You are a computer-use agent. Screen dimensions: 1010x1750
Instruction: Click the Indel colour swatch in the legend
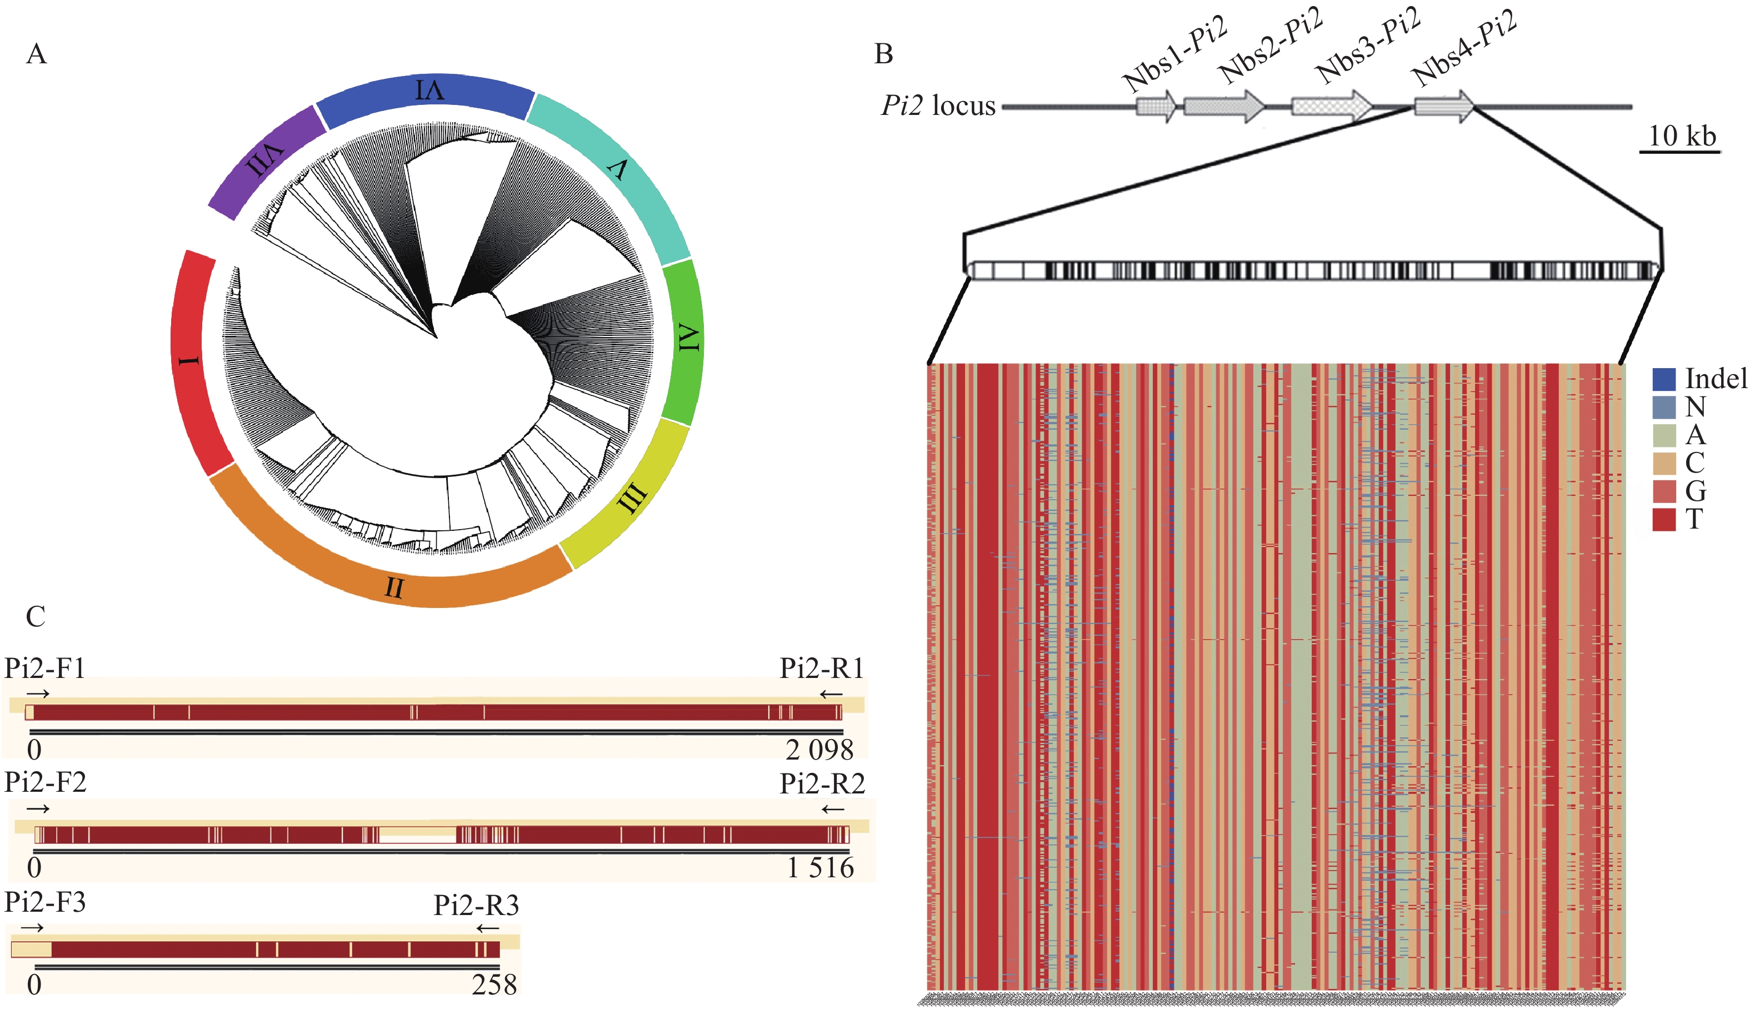(x=1663, y=379)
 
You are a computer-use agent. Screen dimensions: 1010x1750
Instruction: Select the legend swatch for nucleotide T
(x=1663, y=519)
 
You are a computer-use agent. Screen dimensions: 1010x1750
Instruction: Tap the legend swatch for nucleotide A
(x=1663, y=435)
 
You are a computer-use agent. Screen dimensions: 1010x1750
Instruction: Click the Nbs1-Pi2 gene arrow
(x=1156, y=106)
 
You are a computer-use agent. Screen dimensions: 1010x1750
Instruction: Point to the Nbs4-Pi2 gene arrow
(x=1443, y=106)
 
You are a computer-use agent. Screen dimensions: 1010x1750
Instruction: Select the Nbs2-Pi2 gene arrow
(x=1223, y=106)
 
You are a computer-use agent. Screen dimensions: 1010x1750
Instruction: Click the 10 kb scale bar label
(x=1681, y=136)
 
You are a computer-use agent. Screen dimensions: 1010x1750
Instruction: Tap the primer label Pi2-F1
(x=45, y=668)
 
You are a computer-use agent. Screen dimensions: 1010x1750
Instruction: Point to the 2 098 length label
(x=819, y=750)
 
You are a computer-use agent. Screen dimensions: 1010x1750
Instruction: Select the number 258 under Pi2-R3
(x=494, y=984)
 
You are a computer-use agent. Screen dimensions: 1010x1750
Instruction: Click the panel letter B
(x=883, y=54)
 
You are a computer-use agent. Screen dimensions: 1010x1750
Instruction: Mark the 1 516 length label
(x=819, y=868)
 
